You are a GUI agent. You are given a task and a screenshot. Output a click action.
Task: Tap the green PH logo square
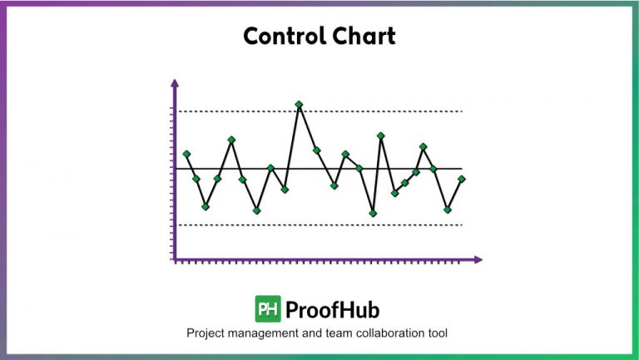[267, 309]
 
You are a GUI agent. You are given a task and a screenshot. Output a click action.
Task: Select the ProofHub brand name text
[332, 309]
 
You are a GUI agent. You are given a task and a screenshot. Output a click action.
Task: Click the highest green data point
[300, 105]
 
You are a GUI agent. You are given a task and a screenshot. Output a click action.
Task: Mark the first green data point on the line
[186, 154]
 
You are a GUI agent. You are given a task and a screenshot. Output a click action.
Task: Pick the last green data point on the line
[462, 179]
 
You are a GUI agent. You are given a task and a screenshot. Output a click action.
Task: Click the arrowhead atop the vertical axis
[175, 83]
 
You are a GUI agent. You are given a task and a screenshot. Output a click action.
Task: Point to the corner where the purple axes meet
[175, 260]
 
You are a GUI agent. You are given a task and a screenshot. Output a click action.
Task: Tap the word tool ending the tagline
[437, 333]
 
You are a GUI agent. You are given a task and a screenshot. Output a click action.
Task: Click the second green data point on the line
[196, 179]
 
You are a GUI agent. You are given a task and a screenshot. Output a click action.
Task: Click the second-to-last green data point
[448, 210]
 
